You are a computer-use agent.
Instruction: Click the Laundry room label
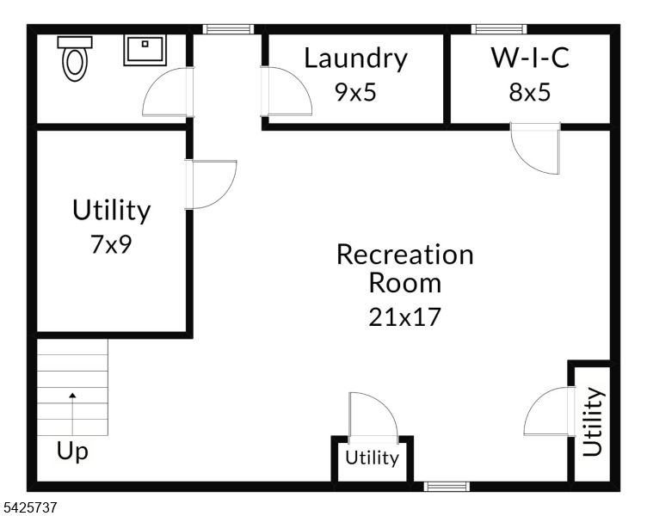[355, 58]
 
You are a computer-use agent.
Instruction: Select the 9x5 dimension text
[355, 91]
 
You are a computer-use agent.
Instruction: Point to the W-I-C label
[530, 58]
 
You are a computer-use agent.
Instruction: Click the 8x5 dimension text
[529, 91]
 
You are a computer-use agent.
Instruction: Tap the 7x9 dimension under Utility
[111, 245]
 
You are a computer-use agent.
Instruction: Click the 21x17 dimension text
[404, 316]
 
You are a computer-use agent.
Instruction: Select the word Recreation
[404, 255]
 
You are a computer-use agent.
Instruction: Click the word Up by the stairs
[72, 451]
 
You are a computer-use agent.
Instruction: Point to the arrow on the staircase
[72, 396]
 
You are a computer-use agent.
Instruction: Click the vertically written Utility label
[593, 421]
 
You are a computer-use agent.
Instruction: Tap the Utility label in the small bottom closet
[373, 458]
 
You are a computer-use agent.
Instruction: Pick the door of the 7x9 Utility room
[211, 184]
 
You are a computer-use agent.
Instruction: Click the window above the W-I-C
[500, 29]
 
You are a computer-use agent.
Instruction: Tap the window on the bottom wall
[447, 487]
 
